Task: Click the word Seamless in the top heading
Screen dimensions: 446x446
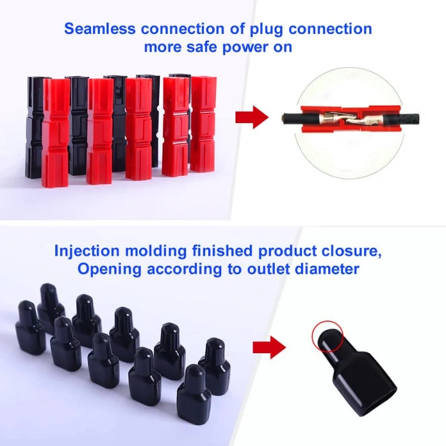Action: tap(99, 29)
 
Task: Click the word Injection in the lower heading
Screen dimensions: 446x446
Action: tap(87, 252)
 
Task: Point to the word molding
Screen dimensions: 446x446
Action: tap(156, 252)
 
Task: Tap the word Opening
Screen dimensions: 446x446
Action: tap(109, 269)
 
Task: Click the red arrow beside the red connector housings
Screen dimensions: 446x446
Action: tap(252, 117)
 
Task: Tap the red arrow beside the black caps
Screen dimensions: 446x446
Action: tap(269, 347)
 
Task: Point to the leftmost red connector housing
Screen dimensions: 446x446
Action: tap(56, 133)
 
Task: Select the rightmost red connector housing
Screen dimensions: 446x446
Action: tap(203, 124)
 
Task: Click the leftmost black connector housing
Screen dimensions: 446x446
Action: tap(36, 127)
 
